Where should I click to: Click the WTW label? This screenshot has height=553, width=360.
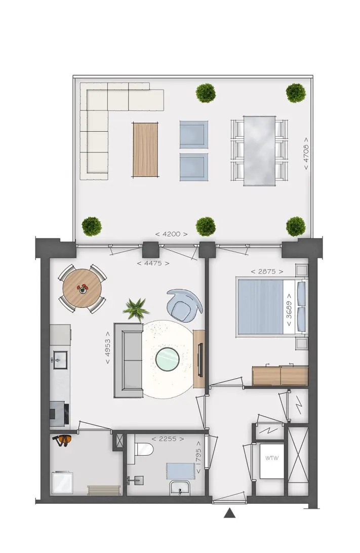click(x=271, y=458)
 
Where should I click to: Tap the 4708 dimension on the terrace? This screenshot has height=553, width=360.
click(x=306, y=153)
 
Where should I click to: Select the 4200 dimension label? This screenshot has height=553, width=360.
click(x=171, y=234)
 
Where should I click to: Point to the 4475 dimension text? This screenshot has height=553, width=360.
click(x=153, y=263)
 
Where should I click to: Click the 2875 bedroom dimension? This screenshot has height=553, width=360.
click(x=267, y=271)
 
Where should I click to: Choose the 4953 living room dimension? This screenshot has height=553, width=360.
click(x=107, y=348)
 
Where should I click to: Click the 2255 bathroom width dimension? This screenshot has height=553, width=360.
click(x=168, y=439)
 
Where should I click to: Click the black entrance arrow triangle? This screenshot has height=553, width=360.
click(x=229, y=513)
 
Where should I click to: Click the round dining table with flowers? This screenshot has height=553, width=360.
click(x=82, y=289)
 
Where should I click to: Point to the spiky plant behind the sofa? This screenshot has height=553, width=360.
click(x=136, y=309)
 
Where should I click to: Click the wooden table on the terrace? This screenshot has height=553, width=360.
click(x=145, y=149)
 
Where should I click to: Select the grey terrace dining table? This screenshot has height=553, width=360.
click(x=259, y=150)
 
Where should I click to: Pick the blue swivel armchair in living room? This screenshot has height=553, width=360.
click(x=184, y=305)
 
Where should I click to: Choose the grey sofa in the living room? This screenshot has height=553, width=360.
click(x=128, y=360)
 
